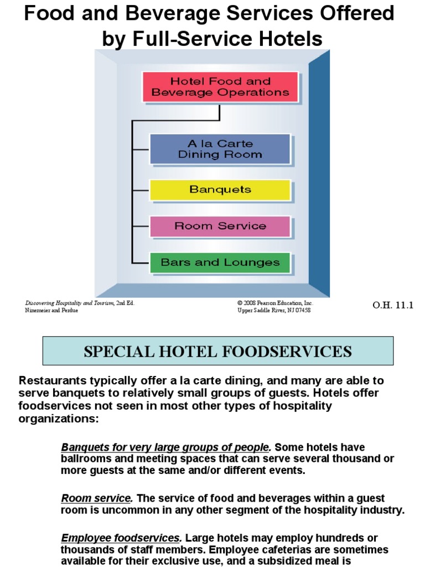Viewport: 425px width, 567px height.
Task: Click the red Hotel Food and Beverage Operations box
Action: (220, 87)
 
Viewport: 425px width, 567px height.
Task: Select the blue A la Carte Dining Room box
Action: (220, 149)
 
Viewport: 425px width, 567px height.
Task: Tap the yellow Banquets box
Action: (220, 189)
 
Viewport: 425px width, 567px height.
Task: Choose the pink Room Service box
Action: (220, 226)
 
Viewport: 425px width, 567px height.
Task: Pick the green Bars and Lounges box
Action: (220, 262)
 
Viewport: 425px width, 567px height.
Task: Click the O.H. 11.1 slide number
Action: (394, 305)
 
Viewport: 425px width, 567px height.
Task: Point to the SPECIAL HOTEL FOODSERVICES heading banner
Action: (218, 351)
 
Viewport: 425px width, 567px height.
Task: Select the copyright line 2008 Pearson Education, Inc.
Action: (276, 303)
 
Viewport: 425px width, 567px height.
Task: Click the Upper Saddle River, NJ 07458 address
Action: (274, 311)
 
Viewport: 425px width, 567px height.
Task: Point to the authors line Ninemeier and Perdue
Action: (51, 311)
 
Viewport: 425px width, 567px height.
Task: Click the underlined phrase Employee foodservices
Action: (121, 538)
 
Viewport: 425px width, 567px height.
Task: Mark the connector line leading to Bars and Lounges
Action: (141, 263)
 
